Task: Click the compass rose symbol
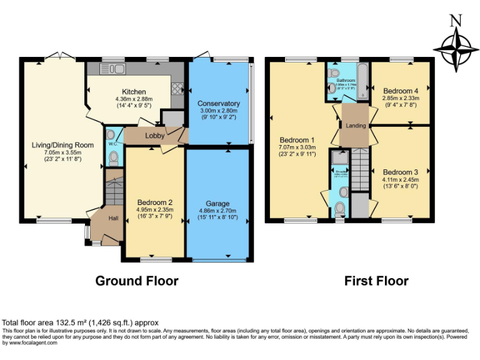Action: pos(456,50)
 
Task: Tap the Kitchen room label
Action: pos(134,92)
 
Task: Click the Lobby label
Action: pos(154,136)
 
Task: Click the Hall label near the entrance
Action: pos(114,218)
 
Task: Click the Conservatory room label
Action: pos(218,104)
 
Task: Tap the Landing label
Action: pos(356,126)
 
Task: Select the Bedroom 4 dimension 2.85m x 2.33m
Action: pos(400,98)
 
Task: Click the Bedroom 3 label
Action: pos(400,172)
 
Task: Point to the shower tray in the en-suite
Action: pos(340,157)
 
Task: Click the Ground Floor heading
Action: pos(136,281)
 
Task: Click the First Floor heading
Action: pos(376,281)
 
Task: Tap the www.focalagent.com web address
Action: pos(29,342)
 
